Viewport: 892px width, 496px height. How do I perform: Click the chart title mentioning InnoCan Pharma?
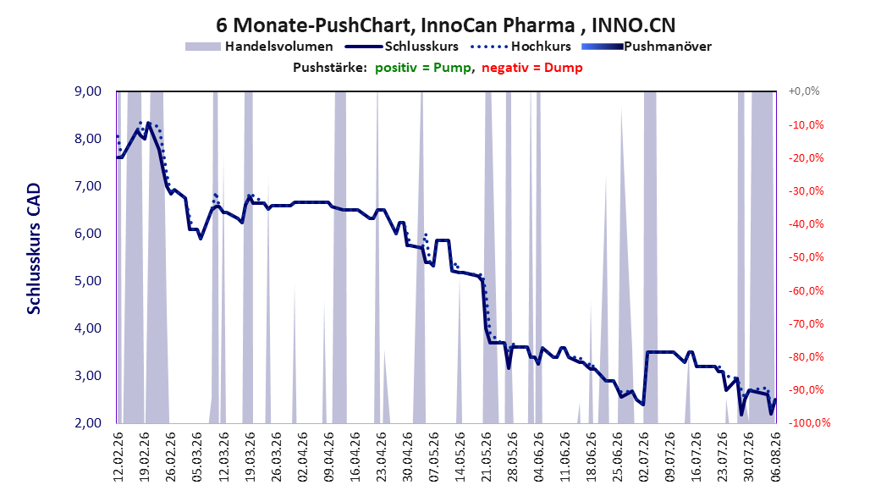click(x=445, y=25)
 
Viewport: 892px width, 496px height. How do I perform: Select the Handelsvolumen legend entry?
click(x=260, y=47)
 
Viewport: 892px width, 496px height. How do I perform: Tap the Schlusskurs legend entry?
click(x=402, y=47)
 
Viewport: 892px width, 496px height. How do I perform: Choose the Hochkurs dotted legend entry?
click(x=520, y=47)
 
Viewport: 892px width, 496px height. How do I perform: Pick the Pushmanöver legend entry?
click(x=647, y=47)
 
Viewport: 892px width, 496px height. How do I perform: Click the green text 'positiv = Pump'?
click(x=422, y=68)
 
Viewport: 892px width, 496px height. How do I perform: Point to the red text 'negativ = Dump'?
click(x=532, y=68)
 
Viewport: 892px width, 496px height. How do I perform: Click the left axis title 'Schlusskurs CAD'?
click(x=34, y=248)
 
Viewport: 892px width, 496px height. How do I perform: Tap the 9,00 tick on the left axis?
click(x=88, y=91)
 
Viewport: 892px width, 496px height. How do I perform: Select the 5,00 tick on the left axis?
click(x=88, y=280)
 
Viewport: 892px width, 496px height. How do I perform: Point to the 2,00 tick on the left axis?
click(x=88, y=422)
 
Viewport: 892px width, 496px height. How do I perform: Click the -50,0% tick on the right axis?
click(x=806, y=257)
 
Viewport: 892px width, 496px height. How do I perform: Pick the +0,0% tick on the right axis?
click(x=804, y=91)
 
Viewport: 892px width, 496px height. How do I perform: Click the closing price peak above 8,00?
click(x=148, y=123)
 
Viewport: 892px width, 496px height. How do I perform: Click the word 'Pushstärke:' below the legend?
click(x=330, y=68)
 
